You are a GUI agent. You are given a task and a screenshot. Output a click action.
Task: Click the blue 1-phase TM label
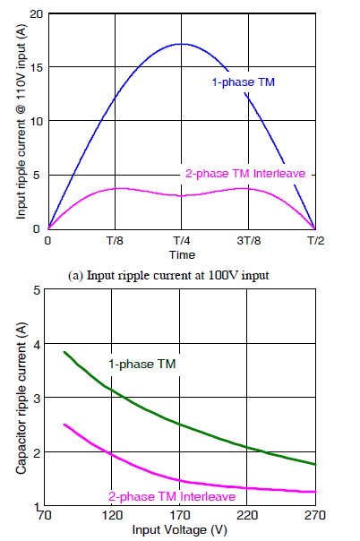[243, 82]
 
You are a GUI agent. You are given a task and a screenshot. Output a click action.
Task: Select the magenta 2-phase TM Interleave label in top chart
[245, 173]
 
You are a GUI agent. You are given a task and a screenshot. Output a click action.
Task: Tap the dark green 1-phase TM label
[142, 364]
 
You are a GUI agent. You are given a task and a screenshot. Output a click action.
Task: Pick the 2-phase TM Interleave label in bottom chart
[172, 496]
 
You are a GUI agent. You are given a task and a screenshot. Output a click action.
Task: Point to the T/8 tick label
[114, 240]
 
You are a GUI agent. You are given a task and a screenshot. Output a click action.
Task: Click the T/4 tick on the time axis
[182, 240]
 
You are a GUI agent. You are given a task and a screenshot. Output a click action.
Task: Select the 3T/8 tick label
[249, 240]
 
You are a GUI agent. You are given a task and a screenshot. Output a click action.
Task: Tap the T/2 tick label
[315, 240]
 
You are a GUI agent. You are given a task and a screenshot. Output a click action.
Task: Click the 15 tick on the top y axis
[36, 67]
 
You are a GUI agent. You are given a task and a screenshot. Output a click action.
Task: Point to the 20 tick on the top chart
[36, 14]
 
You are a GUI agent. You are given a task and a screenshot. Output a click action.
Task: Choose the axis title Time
[182, 255]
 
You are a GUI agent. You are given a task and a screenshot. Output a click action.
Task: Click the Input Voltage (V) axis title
[179, 529]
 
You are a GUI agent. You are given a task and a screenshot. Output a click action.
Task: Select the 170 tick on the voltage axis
[180, 515]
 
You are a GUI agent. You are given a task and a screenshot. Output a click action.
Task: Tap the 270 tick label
[315, 515]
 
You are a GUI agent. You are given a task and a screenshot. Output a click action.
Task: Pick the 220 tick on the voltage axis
[247, 515]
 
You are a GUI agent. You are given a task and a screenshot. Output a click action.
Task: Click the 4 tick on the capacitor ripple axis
[37, 344]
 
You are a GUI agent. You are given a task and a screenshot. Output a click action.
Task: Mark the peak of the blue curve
[182, 44]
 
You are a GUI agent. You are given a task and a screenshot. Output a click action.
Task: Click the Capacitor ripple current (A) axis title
[21, 399]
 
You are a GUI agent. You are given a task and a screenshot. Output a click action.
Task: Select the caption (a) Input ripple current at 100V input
[168, 276]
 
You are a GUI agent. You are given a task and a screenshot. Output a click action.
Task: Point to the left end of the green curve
[64, 352]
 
